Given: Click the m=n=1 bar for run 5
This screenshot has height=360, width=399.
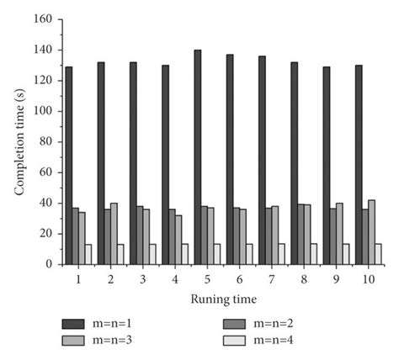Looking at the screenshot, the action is tap(198, 157).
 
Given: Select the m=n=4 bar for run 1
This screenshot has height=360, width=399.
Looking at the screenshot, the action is tap(88, 255).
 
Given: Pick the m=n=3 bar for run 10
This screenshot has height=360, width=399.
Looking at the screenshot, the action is tap(371, 232).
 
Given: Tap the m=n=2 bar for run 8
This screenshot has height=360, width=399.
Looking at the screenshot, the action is tap(301, 235).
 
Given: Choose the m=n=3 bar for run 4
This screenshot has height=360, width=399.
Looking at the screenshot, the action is tap(178, 240).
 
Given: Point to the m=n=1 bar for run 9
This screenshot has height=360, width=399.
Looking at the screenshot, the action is tap(327, 166).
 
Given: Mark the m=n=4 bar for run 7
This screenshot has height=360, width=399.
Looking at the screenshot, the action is tap(281, 254).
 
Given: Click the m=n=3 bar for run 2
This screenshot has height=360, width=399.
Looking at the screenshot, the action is tap(114, 234).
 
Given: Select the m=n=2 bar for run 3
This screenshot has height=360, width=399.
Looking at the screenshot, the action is tap(140, 236).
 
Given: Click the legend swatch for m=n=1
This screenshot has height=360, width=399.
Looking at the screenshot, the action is tap(73, 324).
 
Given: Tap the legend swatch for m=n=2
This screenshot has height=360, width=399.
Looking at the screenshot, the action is tap(234, 324).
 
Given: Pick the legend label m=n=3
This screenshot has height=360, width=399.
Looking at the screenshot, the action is tap(112, 341).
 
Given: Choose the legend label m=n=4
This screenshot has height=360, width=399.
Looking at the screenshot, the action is tap(274, 341).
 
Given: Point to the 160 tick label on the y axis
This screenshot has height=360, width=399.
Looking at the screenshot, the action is tap(43, 19).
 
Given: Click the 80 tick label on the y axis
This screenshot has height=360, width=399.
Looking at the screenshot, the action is tap(46, 142).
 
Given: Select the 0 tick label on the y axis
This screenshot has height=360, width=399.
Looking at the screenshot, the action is tap(50, 264).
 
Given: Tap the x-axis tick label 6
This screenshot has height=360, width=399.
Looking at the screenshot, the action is tap(239, 279).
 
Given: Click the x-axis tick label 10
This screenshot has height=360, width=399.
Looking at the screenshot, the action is tap(369, 279).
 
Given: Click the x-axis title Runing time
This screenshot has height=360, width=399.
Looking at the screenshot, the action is tap(224, 299).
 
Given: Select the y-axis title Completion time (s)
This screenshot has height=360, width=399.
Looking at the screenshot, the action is tap(19, 142).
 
